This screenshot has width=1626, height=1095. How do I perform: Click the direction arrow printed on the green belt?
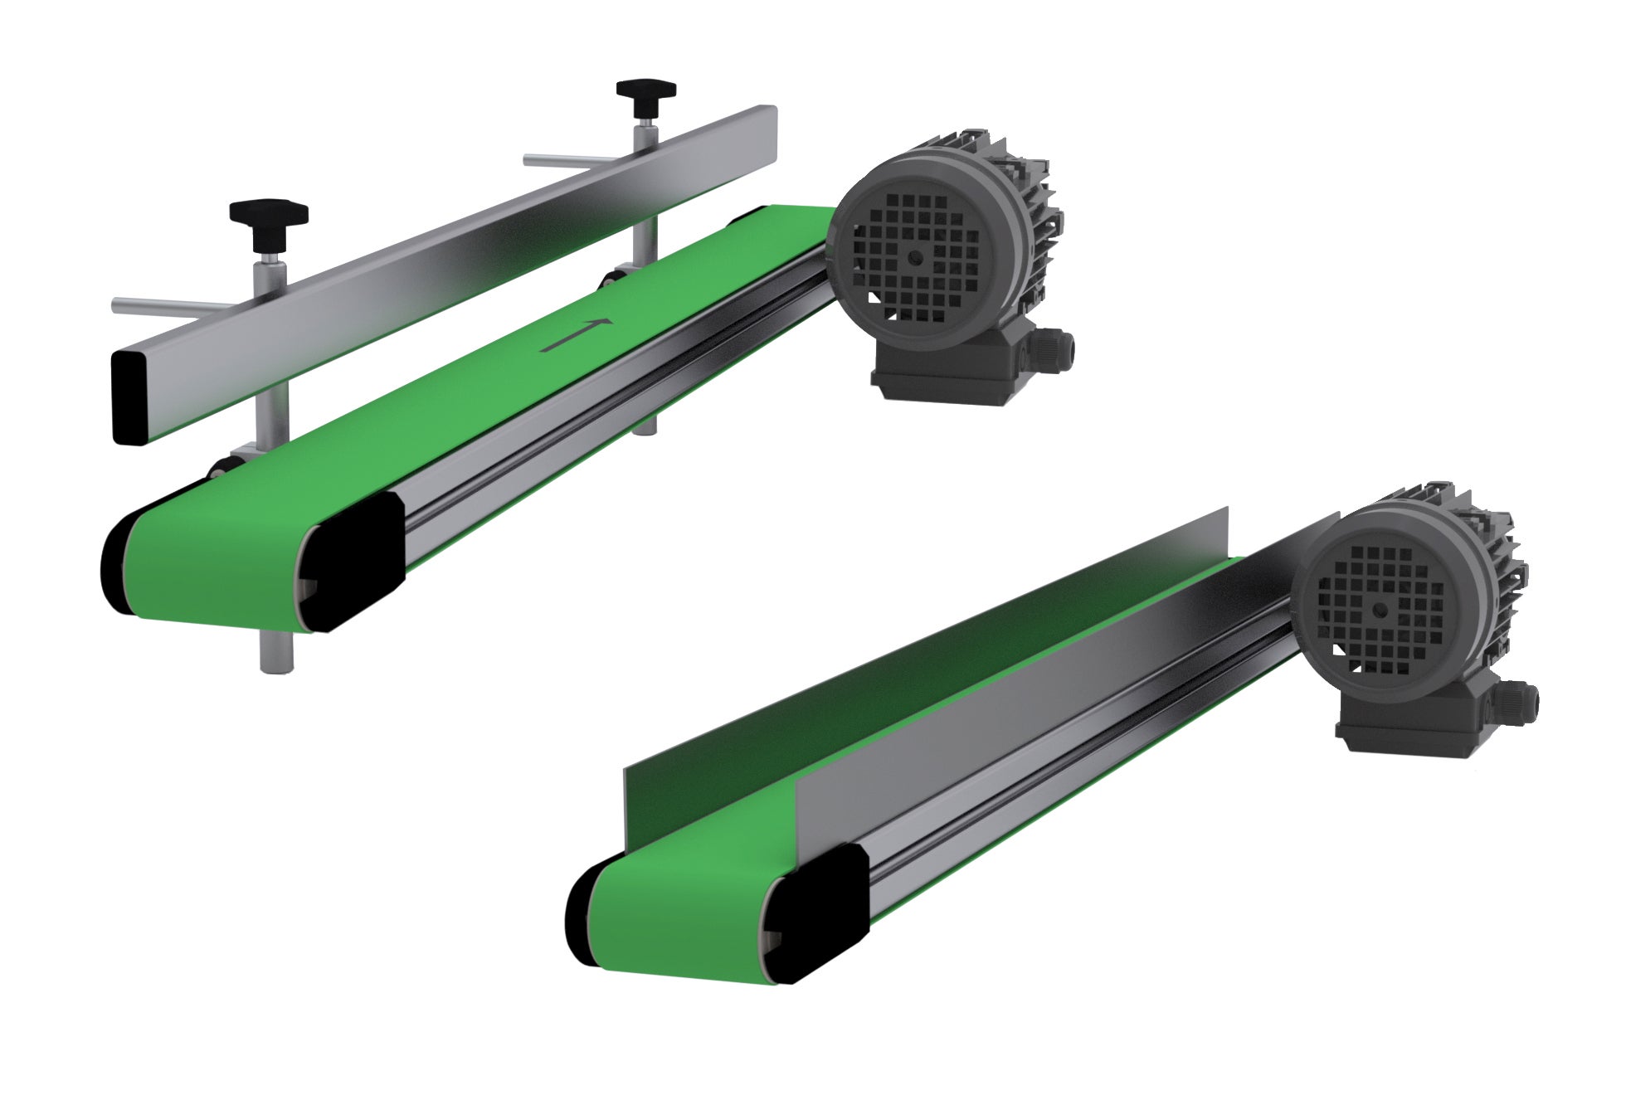tap(577, 333)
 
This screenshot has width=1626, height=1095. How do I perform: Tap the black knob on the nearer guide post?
tap(269, 214)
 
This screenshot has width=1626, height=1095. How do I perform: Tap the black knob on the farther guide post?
tap(645, 90)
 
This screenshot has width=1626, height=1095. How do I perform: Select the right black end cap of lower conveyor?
tap(821, 912)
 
